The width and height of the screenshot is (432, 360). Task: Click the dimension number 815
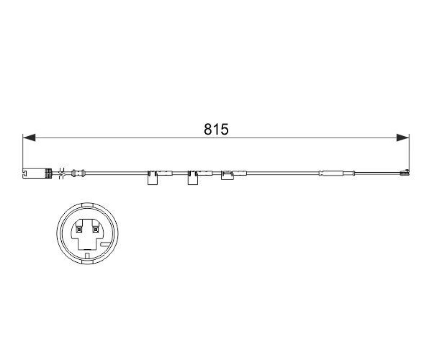pyautogui.click(x=216, y=129)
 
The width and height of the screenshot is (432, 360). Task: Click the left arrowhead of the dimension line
pyautogui.click(x=29, y=137)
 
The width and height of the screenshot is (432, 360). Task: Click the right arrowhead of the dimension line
pyautogui.click(x=403, y=137)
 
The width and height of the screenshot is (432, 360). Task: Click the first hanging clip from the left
pyautogui.click(x=153, y=178)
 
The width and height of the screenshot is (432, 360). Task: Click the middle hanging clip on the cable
pyautogui.click(x=193, y=178)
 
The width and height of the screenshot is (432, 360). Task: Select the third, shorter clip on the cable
pyautogui.click(x=227, y=175)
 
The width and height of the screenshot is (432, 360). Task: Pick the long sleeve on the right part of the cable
pyautogui.click(x=331, y=173)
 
